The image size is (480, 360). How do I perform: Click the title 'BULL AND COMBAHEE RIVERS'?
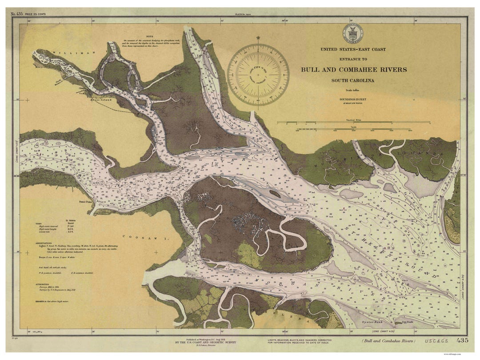click(x=353, y=69)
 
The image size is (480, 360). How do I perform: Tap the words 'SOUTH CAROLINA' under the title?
click(x=352, y=80)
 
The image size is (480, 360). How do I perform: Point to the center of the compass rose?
click(x=258, y=74)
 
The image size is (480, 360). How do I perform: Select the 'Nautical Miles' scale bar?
click(x=353, y=122)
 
